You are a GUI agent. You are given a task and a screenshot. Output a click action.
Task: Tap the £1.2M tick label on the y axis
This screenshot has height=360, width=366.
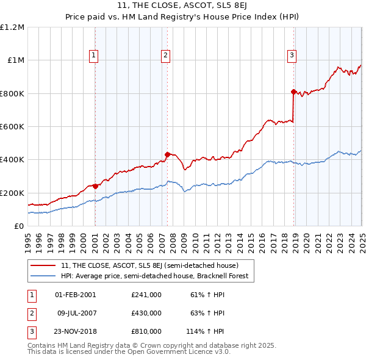[12, 27]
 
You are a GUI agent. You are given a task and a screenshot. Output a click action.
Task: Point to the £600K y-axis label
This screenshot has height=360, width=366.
[12, 126]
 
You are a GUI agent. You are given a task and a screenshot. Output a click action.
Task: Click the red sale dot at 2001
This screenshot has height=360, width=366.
[95, 186]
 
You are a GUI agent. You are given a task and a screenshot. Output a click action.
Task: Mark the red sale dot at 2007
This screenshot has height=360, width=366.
[167, 154]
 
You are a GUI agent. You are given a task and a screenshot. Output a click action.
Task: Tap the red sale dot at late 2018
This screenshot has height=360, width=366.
[293, 92]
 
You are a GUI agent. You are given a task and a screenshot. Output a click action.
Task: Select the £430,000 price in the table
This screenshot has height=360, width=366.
[146, 313]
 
